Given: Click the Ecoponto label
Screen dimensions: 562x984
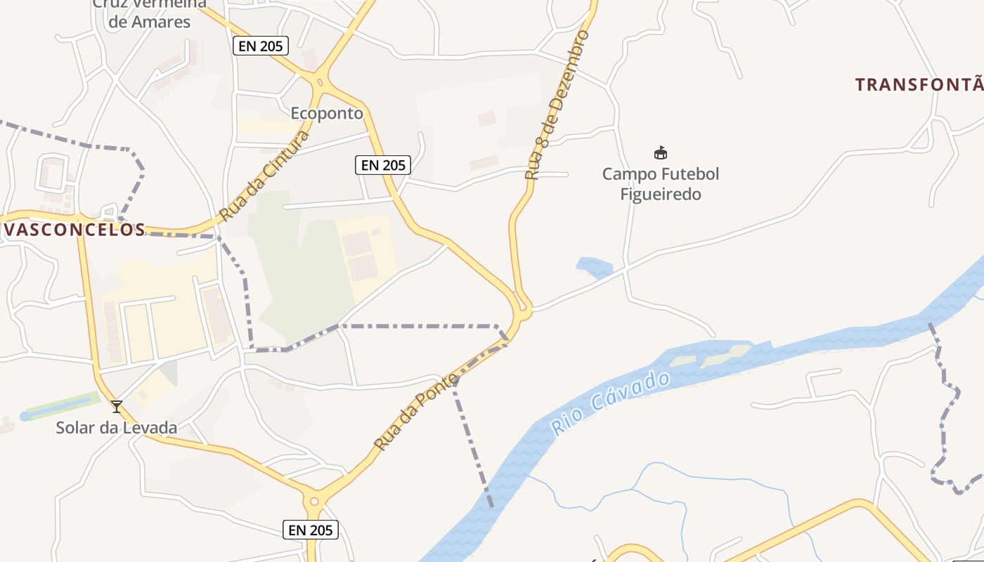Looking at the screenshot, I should coord(327,113).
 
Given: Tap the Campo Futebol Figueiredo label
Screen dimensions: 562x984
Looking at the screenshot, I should coord(661,183).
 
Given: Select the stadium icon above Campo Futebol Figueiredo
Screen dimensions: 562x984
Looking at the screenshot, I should coord(661,152).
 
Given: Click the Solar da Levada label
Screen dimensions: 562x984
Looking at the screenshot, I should coord(117,427).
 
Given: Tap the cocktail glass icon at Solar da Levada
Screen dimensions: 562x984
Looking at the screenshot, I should coord(117,406).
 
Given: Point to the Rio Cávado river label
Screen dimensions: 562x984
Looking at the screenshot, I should coord(610,403).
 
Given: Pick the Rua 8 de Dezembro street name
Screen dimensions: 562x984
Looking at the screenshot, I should coord(557,105).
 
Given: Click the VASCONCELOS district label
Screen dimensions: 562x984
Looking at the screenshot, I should coord(73,230).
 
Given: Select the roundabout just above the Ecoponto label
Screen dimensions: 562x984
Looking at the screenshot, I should coord(321,83).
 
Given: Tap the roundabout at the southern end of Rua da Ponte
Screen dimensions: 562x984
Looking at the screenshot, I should coord(314,501).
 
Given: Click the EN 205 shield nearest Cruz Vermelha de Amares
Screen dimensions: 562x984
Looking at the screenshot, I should coord(261,46).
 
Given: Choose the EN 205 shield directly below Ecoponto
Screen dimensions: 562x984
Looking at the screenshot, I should coord(382,165).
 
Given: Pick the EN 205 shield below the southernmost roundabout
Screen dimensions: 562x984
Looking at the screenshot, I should coord(311,530).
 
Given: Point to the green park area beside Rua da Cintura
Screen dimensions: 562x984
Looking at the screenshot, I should coord(302,267).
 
